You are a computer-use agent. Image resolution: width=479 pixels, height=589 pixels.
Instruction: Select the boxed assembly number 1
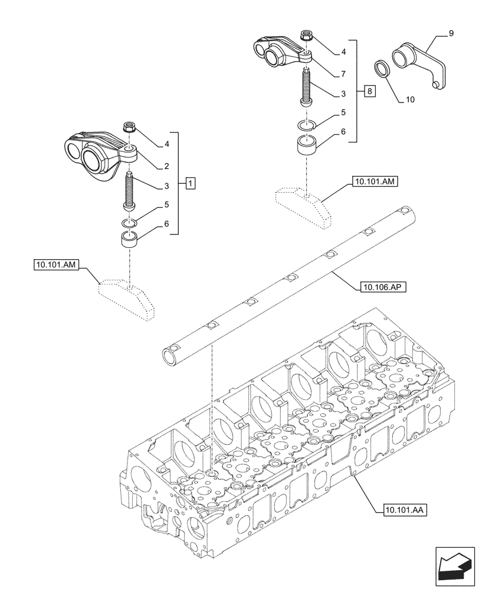coord(190,183)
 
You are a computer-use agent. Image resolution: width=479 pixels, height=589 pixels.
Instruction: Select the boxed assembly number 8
coord(369,91)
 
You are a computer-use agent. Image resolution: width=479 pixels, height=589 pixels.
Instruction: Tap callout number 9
coord(451,34)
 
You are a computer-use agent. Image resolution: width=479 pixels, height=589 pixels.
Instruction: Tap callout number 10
coord(411,100)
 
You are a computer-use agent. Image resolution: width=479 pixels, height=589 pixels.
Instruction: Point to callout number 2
coord(167,167)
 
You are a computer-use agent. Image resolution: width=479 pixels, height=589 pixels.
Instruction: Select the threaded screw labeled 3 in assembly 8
coord(306,85)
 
